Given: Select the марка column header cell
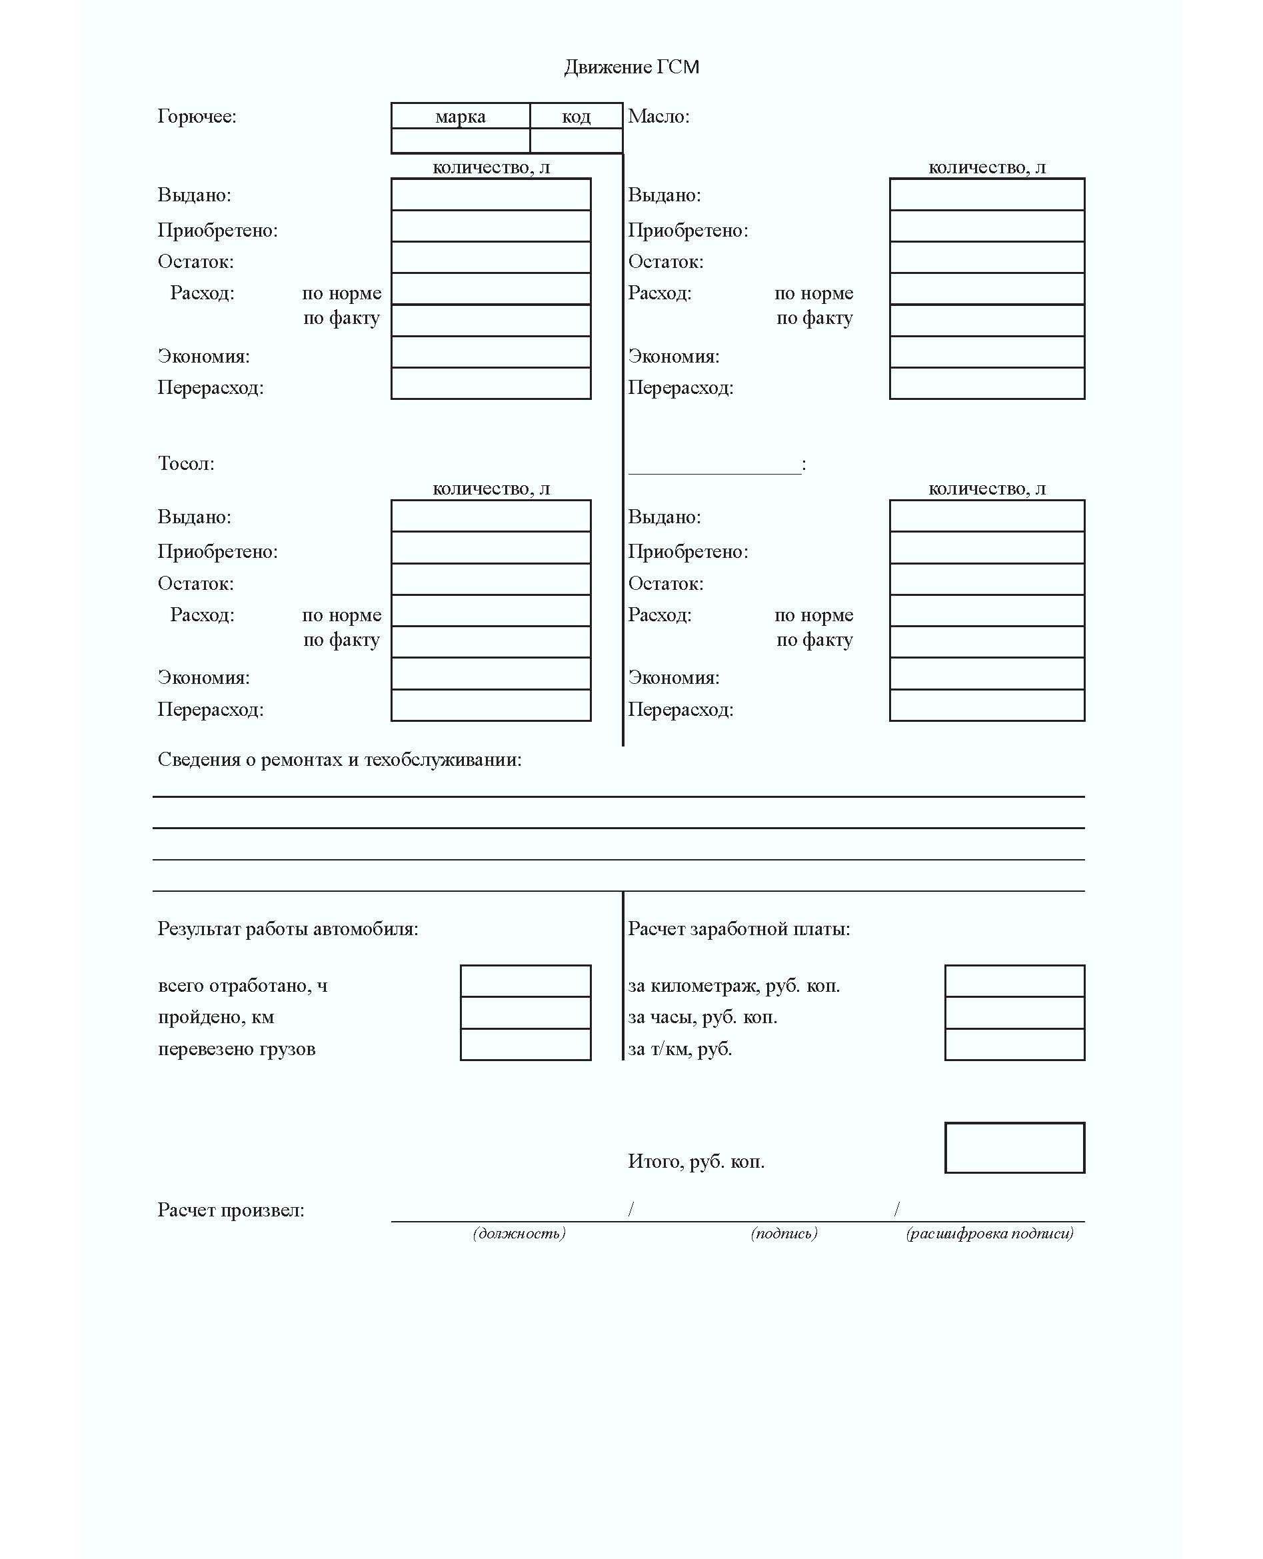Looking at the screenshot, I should click(460, 117).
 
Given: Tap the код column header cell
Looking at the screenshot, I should click(577, 117).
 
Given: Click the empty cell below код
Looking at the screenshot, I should click(577, 141).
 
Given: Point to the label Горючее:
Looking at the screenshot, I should click(197, 117).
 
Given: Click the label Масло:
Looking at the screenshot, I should click(658, 117).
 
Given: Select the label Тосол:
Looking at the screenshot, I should click(186, 463).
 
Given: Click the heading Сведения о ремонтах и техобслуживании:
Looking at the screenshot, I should click(339, 759).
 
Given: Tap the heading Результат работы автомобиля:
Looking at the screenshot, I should click(287, 929).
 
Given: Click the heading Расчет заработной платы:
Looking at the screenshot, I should click(738, 929).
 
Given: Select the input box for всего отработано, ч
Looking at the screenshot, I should click(525, 980).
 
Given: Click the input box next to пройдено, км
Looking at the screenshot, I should click(525, 1012).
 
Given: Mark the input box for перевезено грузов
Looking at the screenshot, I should click(525, 1044).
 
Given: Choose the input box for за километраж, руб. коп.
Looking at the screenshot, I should click(1014, 980).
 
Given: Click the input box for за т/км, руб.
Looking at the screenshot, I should click(1014, 1044).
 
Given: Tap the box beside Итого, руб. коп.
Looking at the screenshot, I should click(1014, 1147).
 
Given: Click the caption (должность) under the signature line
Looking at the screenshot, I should click(519, 1233).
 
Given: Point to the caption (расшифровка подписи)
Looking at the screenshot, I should click(990, 1233).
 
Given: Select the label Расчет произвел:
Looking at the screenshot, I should click(231, 1210).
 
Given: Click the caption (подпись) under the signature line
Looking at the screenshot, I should click(784, 1233).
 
